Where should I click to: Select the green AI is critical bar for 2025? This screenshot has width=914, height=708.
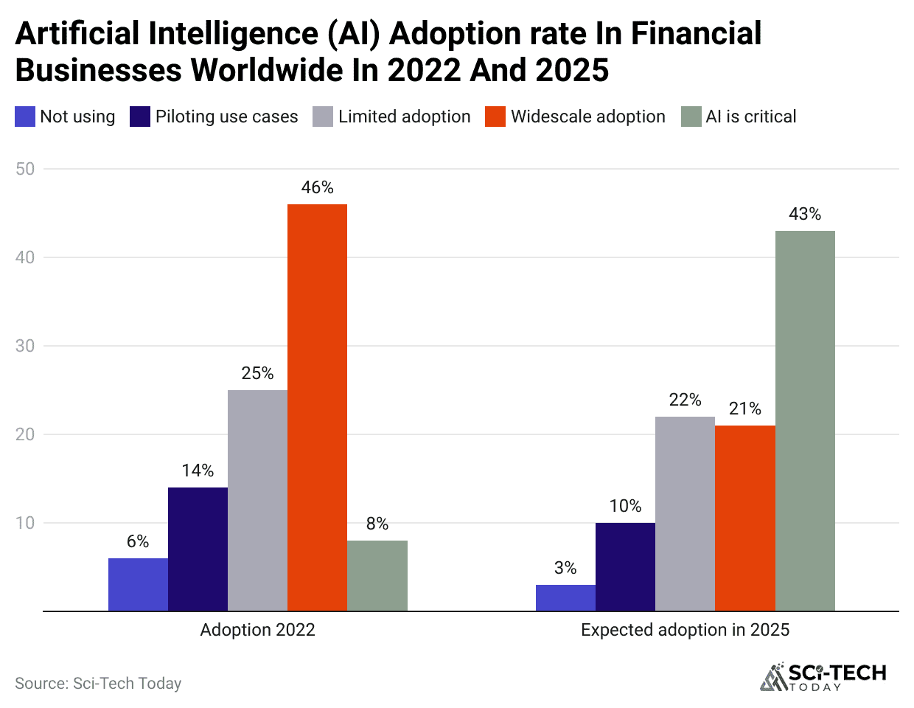point(805,420)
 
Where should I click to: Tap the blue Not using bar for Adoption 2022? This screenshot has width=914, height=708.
point(138,584)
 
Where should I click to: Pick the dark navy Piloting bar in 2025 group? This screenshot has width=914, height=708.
point(625,566)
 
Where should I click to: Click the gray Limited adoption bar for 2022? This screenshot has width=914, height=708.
point(257,500)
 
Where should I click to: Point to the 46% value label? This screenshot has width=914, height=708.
point(317,188)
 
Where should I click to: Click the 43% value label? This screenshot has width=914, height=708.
point(805,215)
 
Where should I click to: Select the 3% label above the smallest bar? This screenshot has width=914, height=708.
point(565,568)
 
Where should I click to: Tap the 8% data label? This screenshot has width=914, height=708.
point(377,524)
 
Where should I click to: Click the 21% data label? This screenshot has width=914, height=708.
point(745,409)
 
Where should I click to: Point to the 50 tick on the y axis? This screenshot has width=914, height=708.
point(25,169)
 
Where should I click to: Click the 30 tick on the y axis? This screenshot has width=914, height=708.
point(25,346)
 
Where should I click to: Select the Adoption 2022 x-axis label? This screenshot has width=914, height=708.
point(257,630)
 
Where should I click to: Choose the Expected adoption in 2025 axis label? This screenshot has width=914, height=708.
point(685,630)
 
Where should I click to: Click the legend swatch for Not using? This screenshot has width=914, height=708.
point(25,117)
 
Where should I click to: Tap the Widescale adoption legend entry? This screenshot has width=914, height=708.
point(587,117)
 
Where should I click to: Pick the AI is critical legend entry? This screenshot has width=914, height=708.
point(750,117)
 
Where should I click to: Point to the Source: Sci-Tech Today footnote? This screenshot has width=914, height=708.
point(98,684)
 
